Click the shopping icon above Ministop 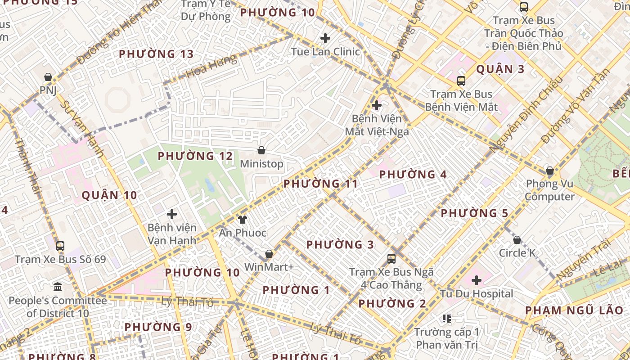coord(261,150)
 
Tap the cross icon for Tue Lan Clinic coord(325,38)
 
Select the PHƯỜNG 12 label coord(195,156)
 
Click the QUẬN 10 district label coord(109,195)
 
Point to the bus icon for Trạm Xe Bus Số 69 coord(60,246)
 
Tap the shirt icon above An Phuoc coord(243,220)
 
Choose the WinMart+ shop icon coord(269,254)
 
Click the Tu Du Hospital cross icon coord(477,281)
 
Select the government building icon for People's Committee coord(58,287)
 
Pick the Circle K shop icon coord(517,240)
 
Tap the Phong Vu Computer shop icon coord(549,171)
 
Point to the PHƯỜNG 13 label coord(156,54)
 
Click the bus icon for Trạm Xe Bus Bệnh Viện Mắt coord(461,81)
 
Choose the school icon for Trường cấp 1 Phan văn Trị coord(447,319)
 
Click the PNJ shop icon coord(48,77)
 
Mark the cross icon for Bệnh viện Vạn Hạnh coord(172,214)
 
